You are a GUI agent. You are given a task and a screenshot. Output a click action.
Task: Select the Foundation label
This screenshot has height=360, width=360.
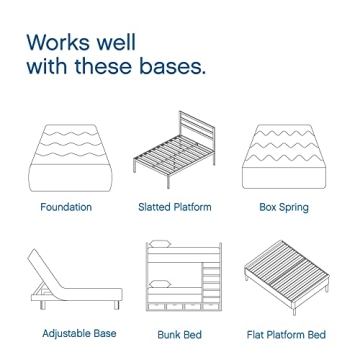66,208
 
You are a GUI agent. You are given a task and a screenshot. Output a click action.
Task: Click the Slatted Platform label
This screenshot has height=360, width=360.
174,208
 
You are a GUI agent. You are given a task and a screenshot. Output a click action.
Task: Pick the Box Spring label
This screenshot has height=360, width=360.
283,208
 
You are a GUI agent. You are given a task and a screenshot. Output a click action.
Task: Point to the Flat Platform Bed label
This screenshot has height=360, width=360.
286,333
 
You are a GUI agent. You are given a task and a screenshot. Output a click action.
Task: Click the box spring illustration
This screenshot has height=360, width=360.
283,157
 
